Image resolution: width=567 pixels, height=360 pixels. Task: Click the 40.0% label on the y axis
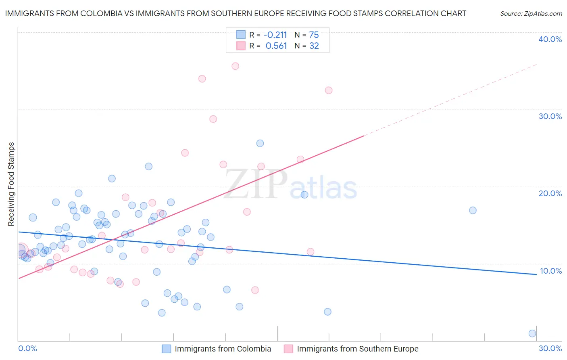point(550,39)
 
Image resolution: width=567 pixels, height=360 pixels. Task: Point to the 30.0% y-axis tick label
point(550,116)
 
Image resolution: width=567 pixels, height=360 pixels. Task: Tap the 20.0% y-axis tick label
point(550,193)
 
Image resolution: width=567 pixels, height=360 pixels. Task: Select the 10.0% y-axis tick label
point(550,271)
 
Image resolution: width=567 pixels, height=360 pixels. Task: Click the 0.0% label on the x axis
point(28,348)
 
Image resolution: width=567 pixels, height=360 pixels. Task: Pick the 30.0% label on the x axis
point(550,348)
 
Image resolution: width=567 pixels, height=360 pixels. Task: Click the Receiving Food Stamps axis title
point(11,184)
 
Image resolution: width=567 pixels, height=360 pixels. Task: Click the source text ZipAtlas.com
point(531,14)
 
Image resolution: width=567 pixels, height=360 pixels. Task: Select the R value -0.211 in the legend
point(276,35)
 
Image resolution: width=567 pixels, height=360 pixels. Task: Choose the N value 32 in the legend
point(314,46)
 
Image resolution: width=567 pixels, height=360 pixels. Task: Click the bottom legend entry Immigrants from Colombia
point(223,349)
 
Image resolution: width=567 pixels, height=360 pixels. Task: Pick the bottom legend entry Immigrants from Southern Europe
point(357,349)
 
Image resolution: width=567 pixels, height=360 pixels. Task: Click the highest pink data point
point(236,66)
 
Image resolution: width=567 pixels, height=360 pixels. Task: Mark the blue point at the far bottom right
point(532,333)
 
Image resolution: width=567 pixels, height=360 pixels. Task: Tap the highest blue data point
point(260,143)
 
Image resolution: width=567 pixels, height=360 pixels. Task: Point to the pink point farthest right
point(329,90)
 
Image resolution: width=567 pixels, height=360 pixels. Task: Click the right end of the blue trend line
point(536,274)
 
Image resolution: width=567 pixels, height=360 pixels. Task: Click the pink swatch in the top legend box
point(241,46)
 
